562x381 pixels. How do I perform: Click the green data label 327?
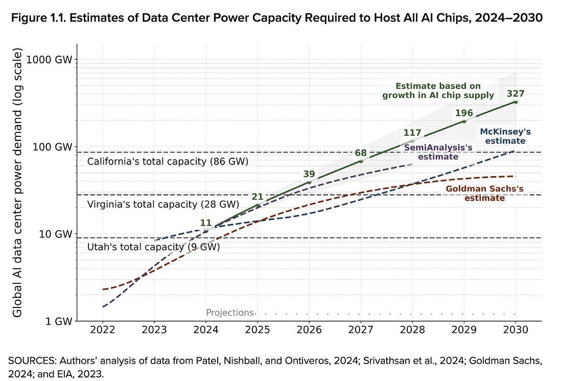coord(516,93)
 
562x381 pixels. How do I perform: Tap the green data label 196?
coord(464,113)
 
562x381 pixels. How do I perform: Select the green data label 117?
coord(412,133)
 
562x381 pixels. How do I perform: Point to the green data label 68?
coord(361,153)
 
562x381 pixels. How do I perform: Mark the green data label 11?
coord(205,222)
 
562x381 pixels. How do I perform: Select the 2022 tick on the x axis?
coord(103,330)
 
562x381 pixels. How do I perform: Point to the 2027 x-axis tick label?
coord(361,330)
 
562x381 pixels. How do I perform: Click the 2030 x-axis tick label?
coord(516,330)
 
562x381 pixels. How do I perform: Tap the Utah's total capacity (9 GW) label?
coord(153,247)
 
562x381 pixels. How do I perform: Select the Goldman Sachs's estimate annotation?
coord(485,193)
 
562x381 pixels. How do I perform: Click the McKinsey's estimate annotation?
coord(503,135)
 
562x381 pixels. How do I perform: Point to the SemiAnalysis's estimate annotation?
coord(438,152)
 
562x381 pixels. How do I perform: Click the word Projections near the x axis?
coord(229,313)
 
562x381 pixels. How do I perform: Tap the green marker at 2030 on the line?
coord(516,102)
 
